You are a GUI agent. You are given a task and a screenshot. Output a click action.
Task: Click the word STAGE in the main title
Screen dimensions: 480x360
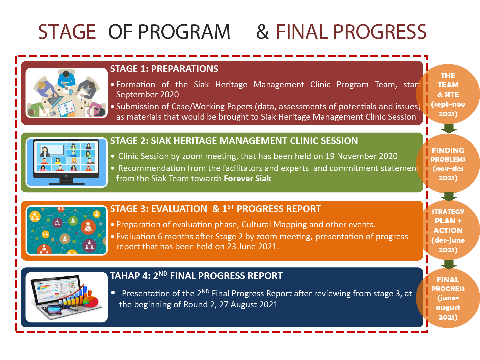[x=67, y=32]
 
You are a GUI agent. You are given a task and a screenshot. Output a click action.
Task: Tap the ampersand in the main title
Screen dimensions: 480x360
[x=262, y=32]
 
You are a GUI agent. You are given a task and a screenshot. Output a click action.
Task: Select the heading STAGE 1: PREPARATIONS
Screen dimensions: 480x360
[x=164, y=69]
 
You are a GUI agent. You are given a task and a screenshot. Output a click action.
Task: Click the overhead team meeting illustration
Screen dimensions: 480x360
[x=66, y=93]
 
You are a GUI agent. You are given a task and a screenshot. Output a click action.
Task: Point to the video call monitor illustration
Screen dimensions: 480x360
[x=66, y=162]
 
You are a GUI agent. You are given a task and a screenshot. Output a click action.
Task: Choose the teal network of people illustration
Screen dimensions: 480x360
[x=66, y=230]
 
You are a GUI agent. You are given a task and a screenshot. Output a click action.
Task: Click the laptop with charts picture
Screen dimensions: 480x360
[x=66, y=297]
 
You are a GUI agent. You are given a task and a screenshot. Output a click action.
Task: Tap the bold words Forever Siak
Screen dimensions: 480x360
[x=247, y=179]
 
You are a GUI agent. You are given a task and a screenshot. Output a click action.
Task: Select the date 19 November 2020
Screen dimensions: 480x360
[x=361, y=156]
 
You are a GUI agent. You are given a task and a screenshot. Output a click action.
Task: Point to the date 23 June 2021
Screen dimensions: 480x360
[x=252, y=247]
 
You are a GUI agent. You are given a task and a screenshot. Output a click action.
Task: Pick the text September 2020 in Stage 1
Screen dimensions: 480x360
[x=147, y=95]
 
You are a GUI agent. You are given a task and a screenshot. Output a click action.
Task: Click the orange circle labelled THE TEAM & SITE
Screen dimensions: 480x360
[x=448, y=94]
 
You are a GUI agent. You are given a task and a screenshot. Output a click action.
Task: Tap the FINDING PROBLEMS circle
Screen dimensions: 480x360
[x=448, y=163]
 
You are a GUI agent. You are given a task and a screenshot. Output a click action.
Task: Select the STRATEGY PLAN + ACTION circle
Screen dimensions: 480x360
[x=448, y=230]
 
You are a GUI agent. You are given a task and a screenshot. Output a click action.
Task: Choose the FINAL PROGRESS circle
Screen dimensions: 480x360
[x=448, y=298]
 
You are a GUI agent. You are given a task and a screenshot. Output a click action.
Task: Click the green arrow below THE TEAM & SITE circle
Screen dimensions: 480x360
[x=449, y=129]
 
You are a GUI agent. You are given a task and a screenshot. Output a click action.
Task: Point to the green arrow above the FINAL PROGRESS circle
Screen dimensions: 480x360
[x=449, y=264]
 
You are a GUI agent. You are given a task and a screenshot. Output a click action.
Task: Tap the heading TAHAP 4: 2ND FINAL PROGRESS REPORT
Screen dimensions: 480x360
[x=196, y=276]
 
